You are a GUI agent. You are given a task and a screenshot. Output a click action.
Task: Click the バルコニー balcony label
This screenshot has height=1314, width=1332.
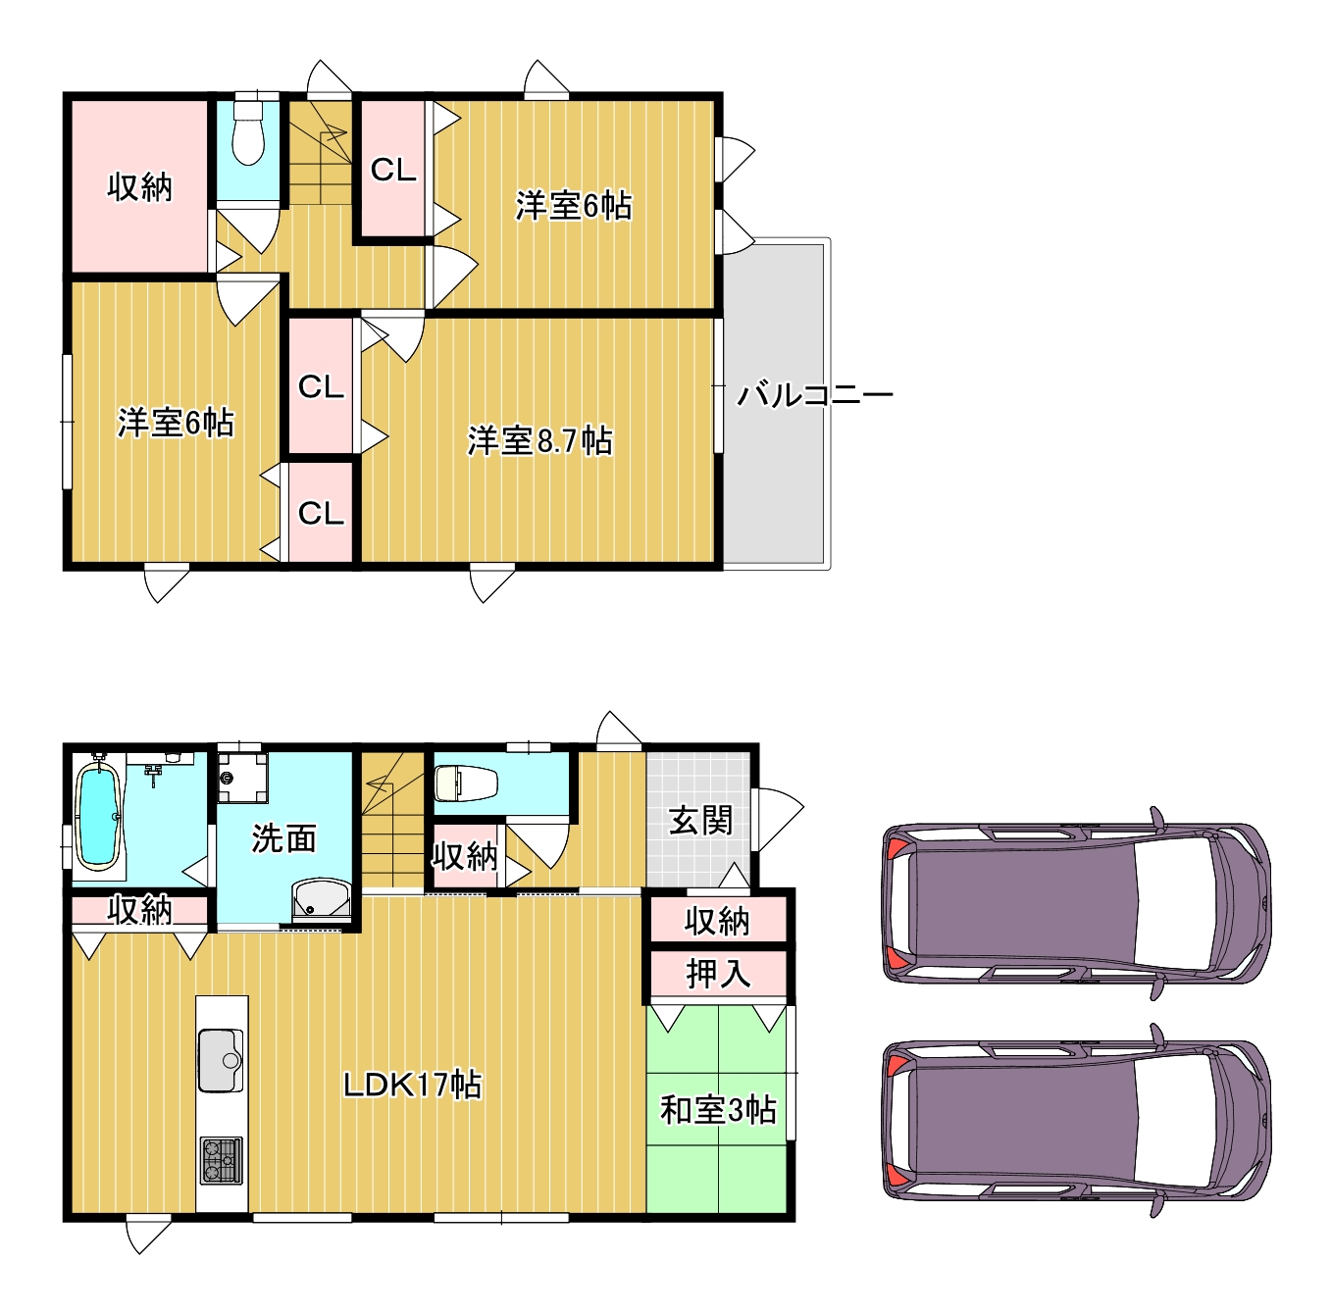[x=815, y=395]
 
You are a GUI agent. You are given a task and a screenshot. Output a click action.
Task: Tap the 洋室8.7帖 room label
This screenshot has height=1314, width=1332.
[x=539, y=440]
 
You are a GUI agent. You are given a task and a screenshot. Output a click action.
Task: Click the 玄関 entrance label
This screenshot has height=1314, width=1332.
[x=700, y=821]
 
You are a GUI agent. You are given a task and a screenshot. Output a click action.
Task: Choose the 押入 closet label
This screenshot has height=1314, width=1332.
[x=718, y=974]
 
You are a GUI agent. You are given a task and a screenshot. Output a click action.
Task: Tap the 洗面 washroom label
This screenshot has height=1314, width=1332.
[x=283, y=838]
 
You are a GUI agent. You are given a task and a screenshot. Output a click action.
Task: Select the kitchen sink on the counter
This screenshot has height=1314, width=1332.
[x=222, y=1060]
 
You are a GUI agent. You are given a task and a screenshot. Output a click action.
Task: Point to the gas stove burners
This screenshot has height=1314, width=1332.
[x=222, y=1161]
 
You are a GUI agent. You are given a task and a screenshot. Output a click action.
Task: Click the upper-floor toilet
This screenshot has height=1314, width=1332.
[x=248, y=131]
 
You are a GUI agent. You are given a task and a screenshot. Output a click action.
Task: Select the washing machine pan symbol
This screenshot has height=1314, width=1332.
[x=242, y=778]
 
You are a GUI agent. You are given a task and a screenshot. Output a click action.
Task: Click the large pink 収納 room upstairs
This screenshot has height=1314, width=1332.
[x=139, y=186]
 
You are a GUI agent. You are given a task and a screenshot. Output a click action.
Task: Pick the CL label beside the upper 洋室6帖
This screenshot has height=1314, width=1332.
[x=393, y=170]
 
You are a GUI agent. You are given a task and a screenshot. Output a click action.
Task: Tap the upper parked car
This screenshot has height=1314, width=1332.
[x=1076, y=903]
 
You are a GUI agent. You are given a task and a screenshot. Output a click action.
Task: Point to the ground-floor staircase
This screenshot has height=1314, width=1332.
[x=392, y=820]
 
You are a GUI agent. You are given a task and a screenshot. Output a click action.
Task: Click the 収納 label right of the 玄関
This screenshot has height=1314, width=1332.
[x=718, y=921]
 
